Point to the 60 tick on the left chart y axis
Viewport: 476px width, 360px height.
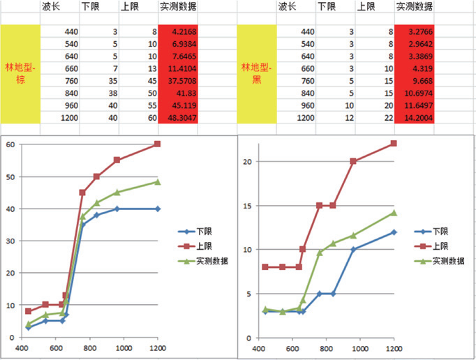pyautogui.click(x=10, y=144)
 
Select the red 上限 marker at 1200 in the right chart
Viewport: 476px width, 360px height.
pyautogui.click(x=394, y=144)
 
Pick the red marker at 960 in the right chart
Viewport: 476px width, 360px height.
pyautogui.click(x=353, y=161)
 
